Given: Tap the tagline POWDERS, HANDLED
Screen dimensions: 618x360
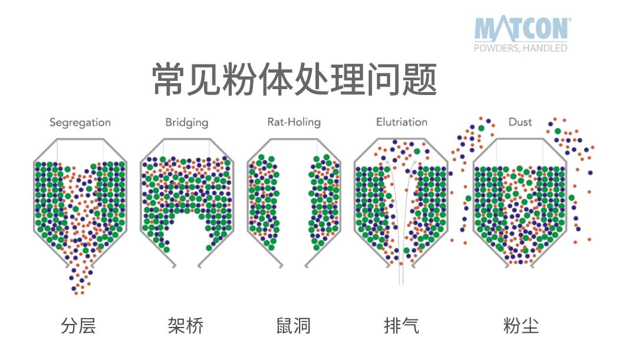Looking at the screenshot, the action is point(520,48).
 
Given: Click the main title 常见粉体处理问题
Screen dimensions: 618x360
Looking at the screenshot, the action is point(294,79).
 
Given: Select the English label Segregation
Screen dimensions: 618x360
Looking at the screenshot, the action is point(80,123).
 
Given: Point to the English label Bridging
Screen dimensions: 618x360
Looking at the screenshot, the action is point(187,123).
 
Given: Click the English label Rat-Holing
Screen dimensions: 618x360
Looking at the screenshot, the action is point(294,122).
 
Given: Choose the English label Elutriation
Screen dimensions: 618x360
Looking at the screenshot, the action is point(402,122).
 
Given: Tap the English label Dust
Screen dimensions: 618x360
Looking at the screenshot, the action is point(520,122).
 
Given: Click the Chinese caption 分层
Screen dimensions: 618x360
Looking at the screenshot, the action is point(78,326).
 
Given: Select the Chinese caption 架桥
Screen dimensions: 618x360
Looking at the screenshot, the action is point(186,326).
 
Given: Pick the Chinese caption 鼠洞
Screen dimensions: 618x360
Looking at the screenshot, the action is point(294,326).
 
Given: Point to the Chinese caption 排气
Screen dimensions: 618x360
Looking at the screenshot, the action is point(402,326).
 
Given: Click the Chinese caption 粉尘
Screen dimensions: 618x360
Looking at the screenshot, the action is point(521,326).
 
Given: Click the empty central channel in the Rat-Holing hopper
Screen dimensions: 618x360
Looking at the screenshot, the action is point(294,197).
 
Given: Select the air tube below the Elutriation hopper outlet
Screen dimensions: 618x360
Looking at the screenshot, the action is point(401,274).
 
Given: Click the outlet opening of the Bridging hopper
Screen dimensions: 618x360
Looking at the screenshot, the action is point(187,265).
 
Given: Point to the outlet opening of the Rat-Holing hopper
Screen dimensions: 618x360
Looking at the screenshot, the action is point(294,265).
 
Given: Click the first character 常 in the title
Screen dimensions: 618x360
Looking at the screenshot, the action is point(168,79).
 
